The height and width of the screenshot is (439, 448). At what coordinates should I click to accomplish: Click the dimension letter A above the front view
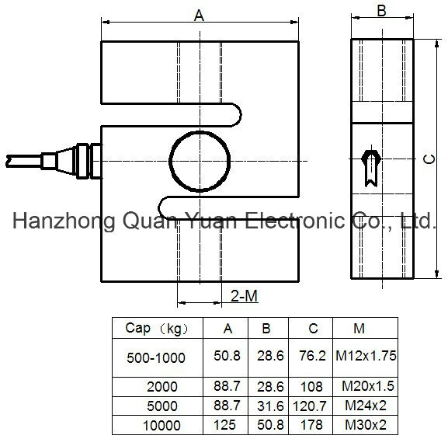(199, 16)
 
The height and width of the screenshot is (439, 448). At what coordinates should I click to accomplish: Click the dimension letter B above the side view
(382, 10)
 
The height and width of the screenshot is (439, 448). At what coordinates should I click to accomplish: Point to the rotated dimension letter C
(429, 159)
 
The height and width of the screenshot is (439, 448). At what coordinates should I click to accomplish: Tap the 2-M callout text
(245, 296)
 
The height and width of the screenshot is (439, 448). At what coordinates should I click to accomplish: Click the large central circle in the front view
(170, 162)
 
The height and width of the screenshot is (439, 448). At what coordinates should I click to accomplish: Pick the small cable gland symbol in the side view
(371, 165)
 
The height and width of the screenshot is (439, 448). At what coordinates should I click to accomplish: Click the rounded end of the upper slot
(240, 115)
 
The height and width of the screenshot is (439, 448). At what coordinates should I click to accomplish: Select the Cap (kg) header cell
(157, 329)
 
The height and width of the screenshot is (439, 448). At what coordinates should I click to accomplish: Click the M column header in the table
(359, 329)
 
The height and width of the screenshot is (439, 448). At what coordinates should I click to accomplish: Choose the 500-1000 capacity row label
(156, 357)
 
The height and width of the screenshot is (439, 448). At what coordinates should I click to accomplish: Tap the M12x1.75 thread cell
(366, 356)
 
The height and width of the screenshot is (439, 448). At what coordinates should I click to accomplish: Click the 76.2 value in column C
(313, 356)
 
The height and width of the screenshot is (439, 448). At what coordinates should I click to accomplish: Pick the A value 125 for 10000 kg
(225, 425)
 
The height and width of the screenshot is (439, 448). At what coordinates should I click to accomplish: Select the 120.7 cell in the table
(310, 406)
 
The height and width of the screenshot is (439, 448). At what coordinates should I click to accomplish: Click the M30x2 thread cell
(366, 425)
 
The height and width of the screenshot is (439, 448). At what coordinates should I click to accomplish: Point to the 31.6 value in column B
(270, 406)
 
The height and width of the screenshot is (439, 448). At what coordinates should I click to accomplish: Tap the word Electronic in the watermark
(295, 221)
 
